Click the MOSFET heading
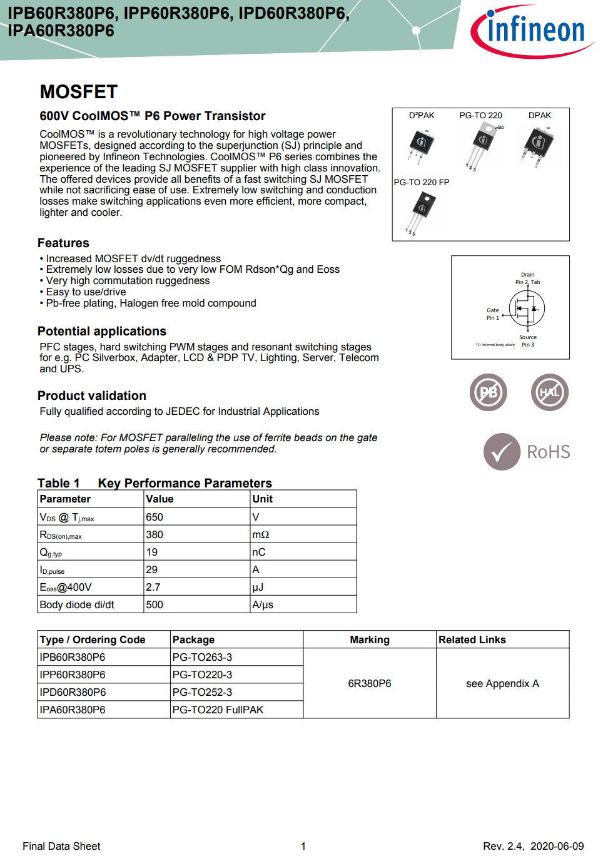coord(79,92)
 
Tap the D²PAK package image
coord(422,143)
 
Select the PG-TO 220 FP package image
coord(422,211)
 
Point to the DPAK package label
coord(540,115)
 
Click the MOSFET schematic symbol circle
coord(527,308)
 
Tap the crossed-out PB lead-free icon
coord(489,392)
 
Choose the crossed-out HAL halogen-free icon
coord(550,392)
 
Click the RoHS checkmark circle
coord(502,452)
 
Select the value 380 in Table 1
coord(155,535)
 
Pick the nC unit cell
coord(259,553)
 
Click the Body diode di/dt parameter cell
coord(77,605)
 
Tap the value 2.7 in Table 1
coord(153,588)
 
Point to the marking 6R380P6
coord(370,684)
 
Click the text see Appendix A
coord(502,684)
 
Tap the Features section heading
coord(63,243)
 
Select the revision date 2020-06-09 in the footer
coord(557,847)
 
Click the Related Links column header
coord(472,640)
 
